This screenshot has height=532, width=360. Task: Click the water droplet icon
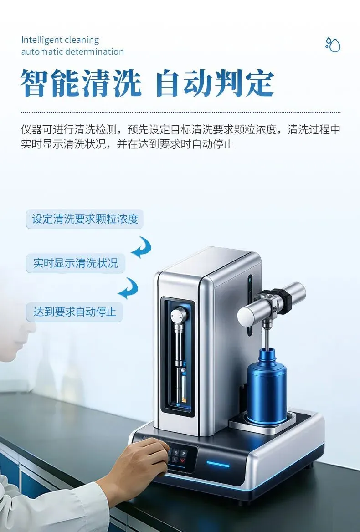pyautogui.click(x=333, y=45)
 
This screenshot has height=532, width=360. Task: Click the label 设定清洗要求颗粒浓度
pyautogui.click(x=85, y=219)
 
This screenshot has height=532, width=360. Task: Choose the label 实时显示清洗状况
pyautogui.click(x=76, y=263)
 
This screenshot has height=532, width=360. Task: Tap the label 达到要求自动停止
pyautogui.click(x=75, y=312)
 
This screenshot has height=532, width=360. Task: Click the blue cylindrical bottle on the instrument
pyautogui.click(x=267, y=387)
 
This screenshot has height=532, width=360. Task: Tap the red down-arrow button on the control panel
pyautogui.click(x=183, y=460)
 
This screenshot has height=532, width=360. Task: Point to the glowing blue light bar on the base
pyautogui.click(x=218, y=464)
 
